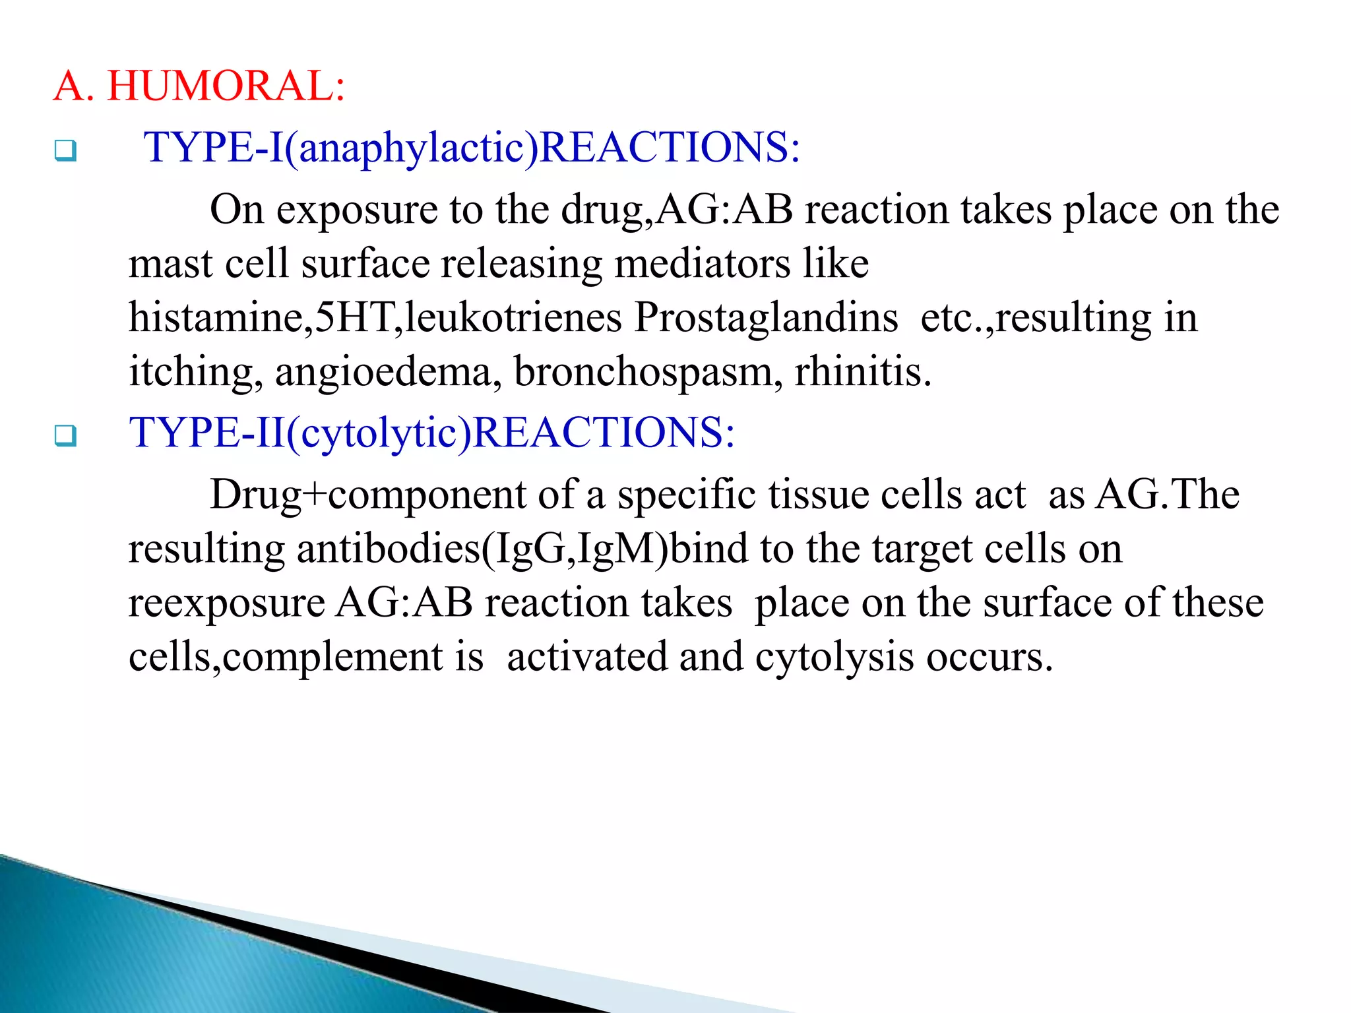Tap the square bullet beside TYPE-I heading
click(x=65, y=151)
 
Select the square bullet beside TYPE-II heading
click(x=65, y=436)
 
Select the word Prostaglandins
click(x=766, y=318)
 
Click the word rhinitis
click(x=862, y=372)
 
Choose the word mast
click(x=171, y=264)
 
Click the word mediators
click(x=702, y=264)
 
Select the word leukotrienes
click(x=513, y=318)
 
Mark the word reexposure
click(x=227, y=603)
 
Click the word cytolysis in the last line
click(x=834, y=658)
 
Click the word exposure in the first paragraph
click(x=357, y=210)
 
